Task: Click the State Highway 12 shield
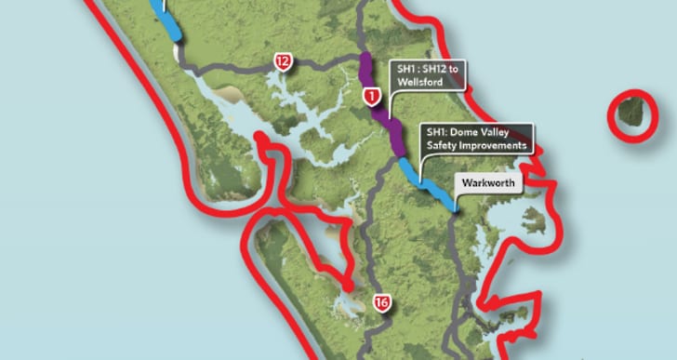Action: pyautogui.click(x=283, y=62)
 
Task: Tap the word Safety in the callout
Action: pyautogui.click(x=445, y=145)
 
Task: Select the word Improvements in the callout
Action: pyautogui.click(x=498, y=145)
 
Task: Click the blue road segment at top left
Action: pyautogui.click(x=173, y=23)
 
